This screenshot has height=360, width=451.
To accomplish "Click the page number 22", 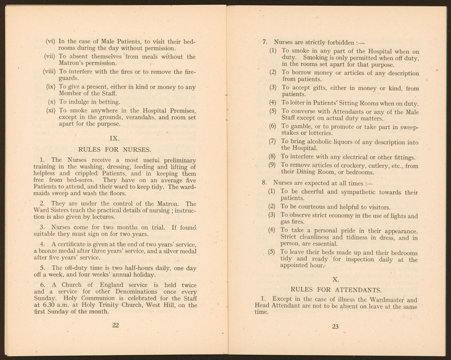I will click(x=115, y=325).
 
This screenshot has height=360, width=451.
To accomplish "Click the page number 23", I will click(x=335, y=326).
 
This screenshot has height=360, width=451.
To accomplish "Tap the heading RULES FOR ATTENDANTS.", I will click(x=335, y=290).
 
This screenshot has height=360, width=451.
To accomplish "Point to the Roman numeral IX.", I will click(x=115, y=138).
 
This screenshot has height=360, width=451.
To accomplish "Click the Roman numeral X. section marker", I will click(x=336, y=279).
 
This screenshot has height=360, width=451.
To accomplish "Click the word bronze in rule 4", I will click(x=46, y=251).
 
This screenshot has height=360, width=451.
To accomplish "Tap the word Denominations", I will click(x=138, y=292).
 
